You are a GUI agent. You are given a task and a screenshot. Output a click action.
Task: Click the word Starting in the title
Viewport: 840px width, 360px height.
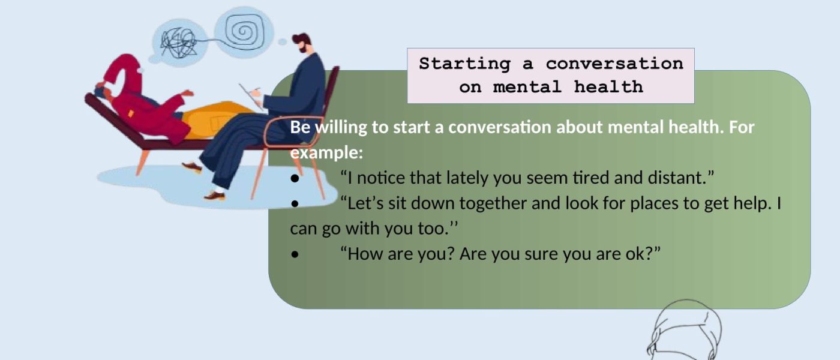tap(465, 64)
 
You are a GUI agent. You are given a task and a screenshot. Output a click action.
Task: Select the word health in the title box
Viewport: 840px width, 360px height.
tap(608, 87)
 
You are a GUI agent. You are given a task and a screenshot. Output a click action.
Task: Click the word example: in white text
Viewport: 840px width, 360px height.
tap(326, 153)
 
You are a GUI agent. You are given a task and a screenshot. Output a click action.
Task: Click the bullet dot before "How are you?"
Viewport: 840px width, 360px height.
tap(295, 254)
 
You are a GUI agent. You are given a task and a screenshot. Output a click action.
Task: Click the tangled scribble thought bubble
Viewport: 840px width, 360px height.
tap(179, 43)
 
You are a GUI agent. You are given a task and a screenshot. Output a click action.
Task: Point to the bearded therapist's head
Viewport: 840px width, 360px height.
tap(303, 43)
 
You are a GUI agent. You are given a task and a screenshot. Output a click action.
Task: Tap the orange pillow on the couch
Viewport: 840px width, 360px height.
tap(214, 119)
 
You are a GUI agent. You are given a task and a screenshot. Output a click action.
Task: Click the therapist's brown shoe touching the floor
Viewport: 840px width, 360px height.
tap(215, 196)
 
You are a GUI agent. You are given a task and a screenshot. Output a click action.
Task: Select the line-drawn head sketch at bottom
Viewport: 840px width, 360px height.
tap(684, 330)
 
